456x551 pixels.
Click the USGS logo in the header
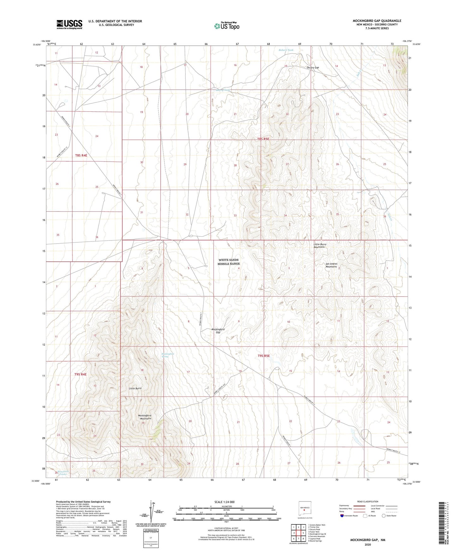point(69,24)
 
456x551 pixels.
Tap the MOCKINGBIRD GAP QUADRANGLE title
point(377,21)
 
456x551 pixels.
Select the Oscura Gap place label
point(313,68)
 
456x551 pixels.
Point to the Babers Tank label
point(286,50)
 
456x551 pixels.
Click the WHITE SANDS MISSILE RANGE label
point(228,262)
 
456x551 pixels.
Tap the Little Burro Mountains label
point(319,246)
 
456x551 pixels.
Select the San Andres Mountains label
point(331,265)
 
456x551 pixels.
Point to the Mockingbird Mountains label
point(145,417)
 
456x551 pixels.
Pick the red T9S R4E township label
point(80,374)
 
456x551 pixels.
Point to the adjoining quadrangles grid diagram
point(298,533)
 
